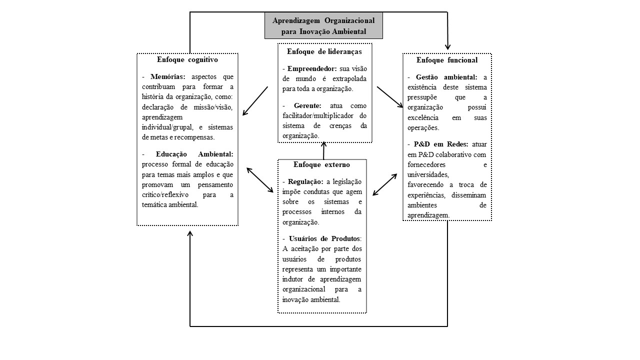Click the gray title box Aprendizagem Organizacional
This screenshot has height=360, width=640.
(x=323, y=25)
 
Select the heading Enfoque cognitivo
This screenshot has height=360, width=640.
(x=187, y=59)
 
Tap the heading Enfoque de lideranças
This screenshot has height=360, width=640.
(x=324, y=51)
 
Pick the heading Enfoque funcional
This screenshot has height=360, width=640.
(x=447, y=60)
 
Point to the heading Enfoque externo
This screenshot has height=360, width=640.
(x=322, y=164)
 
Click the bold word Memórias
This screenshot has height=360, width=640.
(x=168, y=76)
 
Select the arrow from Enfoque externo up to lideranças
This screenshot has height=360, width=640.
(x=323, y=150)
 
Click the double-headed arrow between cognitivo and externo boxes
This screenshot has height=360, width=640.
(x=260, y=179)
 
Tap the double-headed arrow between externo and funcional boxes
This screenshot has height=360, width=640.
(x=384, y=184)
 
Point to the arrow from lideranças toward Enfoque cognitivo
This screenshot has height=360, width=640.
(x=255, y=101)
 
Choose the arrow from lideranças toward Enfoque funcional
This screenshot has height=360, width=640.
(x=390, y=97)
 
